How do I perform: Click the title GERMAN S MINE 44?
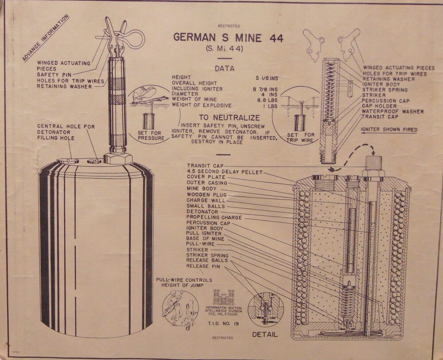[228, 38]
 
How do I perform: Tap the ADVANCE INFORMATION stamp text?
[46, 38]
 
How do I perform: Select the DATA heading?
[225, 68]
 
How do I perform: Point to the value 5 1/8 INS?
[267, 78]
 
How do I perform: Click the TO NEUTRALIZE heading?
[229, 117]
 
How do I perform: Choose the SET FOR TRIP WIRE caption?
[301, 137]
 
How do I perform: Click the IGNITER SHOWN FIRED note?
[389, 129]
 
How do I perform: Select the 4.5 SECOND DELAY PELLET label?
[225, 172]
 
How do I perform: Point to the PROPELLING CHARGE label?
[214, 217]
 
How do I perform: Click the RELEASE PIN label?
[203, 266]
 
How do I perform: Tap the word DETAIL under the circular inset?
[265, 334]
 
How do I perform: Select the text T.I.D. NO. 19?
[223, 324]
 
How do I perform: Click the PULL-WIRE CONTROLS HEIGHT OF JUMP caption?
[184, 282]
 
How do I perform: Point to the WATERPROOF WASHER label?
[392, 111]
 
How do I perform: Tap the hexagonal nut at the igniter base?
[118, 159]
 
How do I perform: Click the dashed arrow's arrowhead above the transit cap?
[373, 153]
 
